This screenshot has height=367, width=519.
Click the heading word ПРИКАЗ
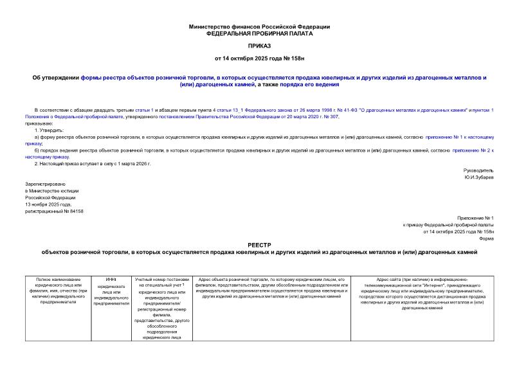point(259,46)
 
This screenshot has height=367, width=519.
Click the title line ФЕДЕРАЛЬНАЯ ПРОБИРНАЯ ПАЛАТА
point(259,33)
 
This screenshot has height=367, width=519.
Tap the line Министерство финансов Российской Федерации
point(259,26)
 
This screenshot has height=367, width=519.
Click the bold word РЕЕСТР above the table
point(259,245)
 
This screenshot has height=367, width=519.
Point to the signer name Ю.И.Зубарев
point(478,177)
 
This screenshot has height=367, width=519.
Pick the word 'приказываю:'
point(39,123)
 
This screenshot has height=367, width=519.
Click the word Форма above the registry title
point(486,238)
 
